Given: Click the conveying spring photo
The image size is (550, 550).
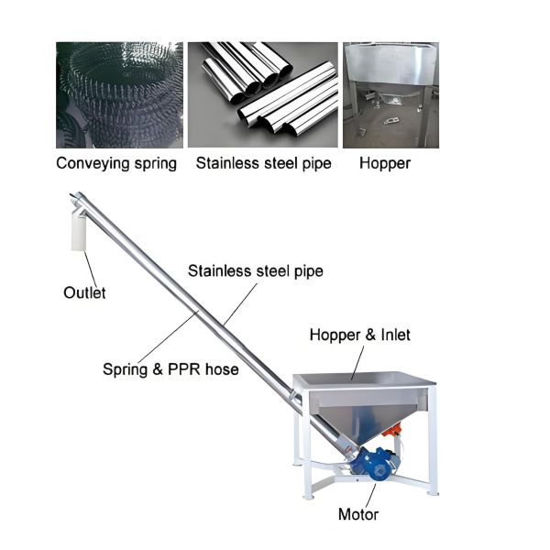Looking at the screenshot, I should pos(117,94).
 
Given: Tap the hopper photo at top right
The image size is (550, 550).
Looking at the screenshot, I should pos(390,94).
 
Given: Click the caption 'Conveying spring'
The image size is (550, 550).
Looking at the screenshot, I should pos(116,164).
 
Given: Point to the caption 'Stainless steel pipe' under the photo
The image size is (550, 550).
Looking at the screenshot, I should pos(263,164).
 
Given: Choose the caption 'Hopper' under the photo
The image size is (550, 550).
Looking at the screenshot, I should pos(385,164).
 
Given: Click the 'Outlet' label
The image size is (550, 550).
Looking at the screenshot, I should pos(84,292).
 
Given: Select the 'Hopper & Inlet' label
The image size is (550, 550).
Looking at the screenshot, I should pos(359,335).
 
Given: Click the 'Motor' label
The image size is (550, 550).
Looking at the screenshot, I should pos(357,514).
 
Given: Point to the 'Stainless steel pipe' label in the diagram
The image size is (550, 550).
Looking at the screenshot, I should pos(256,271).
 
